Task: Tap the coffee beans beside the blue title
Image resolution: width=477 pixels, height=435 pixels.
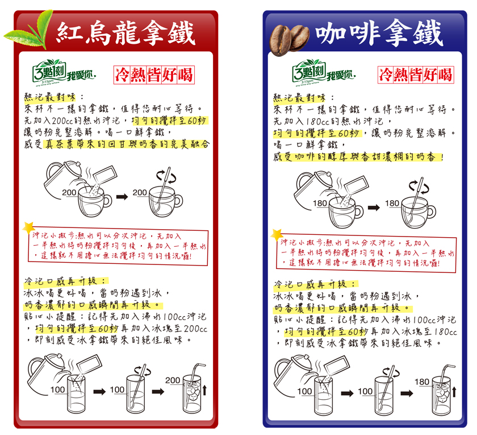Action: click(x=289, y=40)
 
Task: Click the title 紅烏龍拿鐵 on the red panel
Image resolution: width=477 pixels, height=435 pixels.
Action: click(x=125, y=34)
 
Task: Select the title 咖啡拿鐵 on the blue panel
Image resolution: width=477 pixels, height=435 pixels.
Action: click(x=379, y=33)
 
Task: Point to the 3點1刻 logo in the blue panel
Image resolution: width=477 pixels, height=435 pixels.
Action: click(x=324, y=73)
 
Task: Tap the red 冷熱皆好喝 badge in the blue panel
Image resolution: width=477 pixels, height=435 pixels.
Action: click(x=416, y=74)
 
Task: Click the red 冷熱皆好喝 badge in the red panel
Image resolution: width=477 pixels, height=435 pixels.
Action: click(x=154, y=74)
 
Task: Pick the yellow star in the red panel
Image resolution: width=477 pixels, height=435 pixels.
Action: click(x=29, y=228)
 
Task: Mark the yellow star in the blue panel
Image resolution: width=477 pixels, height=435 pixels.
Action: click(x=277, y=235)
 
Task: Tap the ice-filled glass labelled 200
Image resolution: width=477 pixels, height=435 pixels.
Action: click(x=192, y=393)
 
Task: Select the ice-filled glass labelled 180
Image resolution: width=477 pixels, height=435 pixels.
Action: click(x=442, y=395)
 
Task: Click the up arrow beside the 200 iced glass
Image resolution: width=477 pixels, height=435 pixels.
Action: click(x=205, y=390)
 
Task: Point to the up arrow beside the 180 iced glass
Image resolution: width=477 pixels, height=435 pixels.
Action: click(x=454, y=391)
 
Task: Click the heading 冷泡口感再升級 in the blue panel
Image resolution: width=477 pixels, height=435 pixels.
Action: click(x=315, y=284)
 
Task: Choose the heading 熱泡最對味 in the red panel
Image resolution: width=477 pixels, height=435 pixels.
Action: click(x=50, y=97)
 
